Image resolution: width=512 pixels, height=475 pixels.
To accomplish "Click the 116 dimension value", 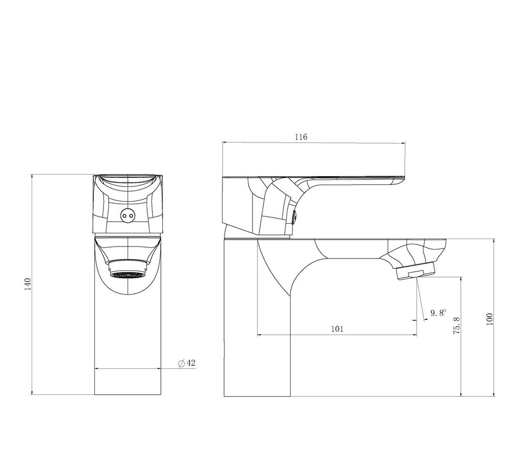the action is click(301, 137).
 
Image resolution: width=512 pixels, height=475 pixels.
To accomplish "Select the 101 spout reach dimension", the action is click(337, 329).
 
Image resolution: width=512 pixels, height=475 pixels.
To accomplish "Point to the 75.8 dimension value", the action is click(457, 325).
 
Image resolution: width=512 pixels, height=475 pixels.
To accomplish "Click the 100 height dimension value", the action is click(489, 319).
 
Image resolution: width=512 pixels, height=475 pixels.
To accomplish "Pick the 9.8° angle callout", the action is click(438, 313).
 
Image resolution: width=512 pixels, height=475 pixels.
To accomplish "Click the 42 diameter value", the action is click(191, 363).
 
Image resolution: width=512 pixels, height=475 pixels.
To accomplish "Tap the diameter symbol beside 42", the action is click(181, 363).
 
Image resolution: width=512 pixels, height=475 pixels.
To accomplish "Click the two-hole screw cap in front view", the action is click(128, 215).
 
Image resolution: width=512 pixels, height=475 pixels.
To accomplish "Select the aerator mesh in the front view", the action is click(128, 274).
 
